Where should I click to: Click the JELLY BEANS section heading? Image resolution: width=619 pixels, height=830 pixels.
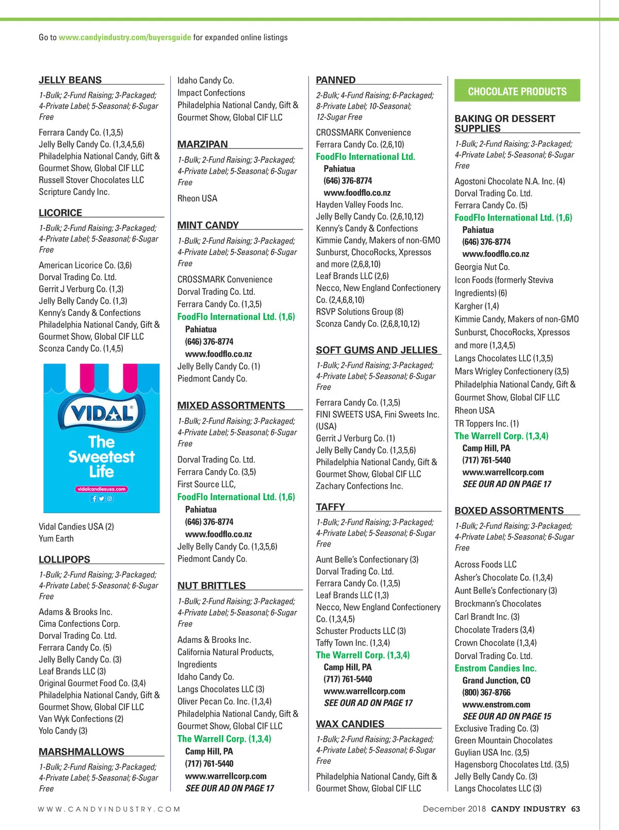(70, 80)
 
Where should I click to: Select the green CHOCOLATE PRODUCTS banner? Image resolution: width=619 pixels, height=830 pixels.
(517, 91)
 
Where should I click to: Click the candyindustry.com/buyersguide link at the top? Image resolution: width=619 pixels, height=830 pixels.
(125, 37)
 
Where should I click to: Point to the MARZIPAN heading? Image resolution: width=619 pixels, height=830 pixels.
(202, 144)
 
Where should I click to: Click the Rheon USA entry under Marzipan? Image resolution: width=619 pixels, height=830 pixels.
(197, 198)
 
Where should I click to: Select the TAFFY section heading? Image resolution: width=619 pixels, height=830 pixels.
(330, 507)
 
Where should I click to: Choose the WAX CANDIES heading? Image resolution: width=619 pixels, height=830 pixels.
(350, 724)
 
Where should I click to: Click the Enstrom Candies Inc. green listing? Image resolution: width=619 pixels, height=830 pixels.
(495, 668)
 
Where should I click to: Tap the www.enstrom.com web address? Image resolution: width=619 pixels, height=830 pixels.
(496, 704)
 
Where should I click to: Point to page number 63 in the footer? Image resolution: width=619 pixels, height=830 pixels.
(575, 809)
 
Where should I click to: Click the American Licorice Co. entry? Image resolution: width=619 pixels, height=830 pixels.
(85, 265)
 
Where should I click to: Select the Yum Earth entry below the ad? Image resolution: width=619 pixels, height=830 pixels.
(56, 538)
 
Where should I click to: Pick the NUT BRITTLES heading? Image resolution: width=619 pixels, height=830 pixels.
(211, 586)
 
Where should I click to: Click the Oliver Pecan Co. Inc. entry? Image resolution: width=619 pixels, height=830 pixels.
(224, 701)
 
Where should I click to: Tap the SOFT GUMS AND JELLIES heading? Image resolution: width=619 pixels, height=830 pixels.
(377, 350)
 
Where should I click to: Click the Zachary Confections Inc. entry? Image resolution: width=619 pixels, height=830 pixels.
(359, 486)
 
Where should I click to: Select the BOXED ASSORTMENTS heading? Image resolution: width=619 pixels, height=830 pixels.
(509, 510)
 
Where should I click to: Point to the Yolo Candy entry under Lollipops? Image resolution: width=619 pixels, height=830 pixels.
(63, 731)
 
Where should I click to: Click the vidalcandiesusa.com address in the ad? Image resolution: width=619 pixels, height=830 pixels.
(102, 489)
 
